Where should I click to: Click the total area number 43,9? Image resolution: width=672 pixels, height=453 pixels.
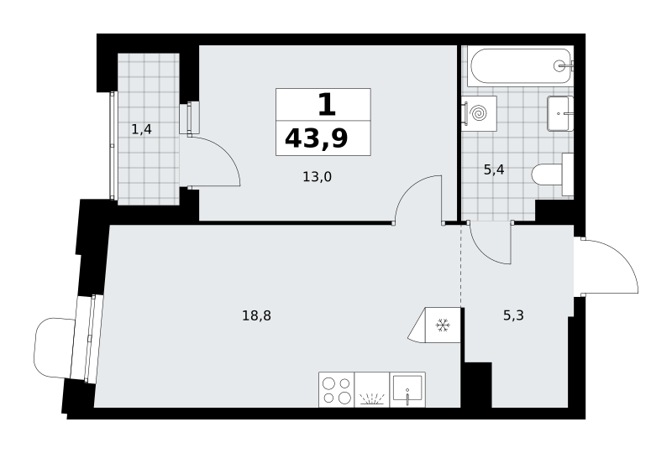click(317, 138)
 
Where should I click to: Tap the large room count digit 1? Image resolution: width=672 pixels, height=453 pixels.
click(327, 105)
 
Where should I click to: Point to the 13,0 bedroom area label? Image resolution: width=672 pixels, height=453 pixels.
click(318, 176)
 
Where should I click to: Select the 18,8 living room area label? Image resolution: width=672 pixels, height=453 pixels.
click(257, 316)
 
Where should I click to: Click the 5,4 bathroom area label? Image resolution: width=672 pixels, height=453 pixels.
click(494, 170)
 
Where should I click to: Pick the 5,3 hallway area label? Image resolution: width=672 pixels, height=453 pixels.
click(513, 316)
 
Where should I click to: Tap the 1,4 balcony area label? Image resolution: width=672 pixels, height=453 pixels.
click(141, 129)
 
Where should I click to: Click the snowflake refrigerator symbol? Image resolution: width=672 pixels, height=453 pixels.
click(443, 325)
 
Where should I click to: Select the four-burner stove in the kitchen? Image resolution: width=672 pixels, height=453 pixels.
click(337, 389)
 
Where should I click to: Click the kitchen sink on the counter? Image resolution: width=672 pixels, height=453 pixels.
click(407, 389)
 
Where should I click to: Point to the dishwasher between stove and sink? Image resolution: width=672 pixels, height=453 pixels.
click(372, 389)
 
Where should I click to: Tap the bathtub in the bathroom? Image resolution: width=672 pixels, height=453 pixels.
click(521, 66)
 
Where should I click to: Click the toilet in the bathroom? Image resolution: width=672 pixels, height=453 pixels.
click(553, 175)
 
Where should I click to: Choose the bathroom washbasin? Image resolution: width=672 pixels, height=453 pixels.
click(560, 113)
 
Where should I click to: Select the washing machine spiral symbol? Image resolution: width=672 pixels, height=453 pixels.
click(479, 113)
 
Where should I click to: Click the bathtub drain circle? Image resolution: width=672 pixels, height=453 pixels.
click(559, 66)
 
